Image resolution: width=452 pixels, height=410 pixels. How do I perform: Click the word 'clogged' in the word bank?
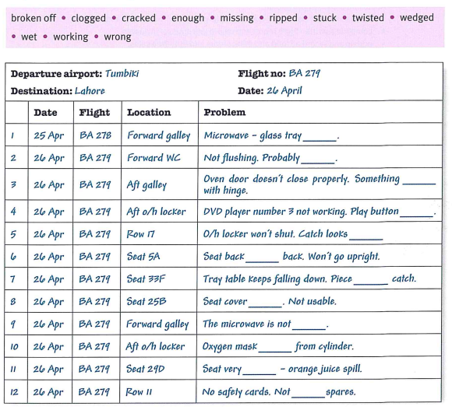(x=88, y=19)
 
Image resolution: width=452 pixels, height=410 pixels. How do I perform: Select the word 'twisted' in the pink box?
(x=368, y=18)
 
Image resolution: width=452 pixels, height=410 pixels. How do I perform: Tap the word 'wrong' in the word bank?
(x=118, y=37)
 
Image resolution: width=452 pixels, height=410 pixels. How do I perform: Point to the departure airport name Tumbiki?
(x=122, y=73)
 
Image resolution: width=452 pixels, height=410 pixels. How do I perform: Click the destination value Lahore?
(x=90, y=91)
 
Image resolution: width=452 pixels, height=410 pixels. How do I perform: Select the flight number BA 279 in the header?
(x=305, y=73)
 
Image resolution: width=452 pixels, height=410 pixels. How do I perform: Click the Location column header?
(x=149, y=112)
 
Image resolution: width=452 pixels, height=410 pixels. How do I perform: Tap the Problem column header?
(x=225, y=112)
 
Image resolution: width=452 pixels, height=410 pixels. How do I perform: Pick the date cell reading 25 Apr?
(x=49, y=135)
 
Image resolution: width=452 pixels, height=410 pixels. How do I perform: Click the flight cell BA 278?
(x=95, y=135)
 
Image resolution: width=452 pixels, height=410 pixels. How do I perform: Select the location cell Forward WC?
(x=154, y=158)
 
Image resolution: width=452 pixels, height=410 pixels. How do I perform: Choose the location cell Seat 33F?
(x=146, y=279)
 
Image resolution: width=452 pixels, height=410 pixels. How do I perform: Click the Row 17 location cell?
(x=141, y=234)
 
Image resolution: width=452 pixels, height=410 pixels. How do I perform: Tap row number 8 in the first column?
(x=13, y=302)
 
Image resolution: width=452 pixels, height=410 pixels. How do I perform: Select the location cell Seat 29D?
(x=145, y=369)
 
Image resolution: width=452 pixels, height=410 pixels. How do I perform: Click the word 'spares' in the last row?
(x=341, y=391)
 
